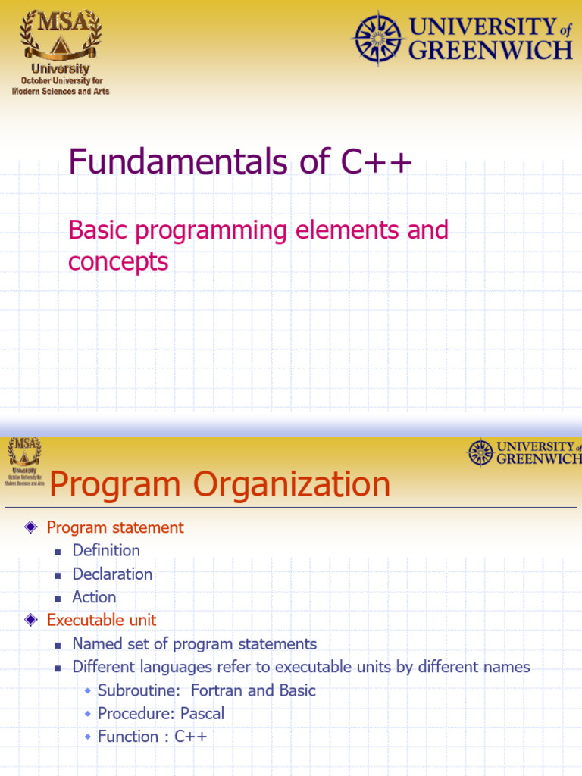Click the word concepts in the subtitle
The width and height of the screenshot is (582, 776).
117,261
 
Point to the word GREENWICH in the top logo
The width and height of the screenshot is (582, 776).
490,51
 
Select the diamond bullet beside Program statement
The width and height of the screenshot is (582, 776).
31,527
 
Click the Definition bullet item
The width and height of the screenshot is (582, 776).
106,550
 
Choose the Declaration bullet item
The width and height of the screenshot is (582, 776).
112,574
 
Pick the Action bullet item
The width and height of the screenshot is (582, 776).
94,597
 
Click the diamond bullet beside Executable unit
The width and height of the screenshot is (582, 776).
31,620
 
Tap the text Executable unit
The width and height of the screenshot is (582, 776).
102,620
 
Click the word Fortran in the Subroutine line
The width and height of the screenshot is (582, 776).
217,690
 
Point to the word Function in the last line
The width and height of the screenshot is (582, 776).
128,737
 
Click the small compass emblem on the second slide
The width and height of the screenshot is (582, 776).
480,452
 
